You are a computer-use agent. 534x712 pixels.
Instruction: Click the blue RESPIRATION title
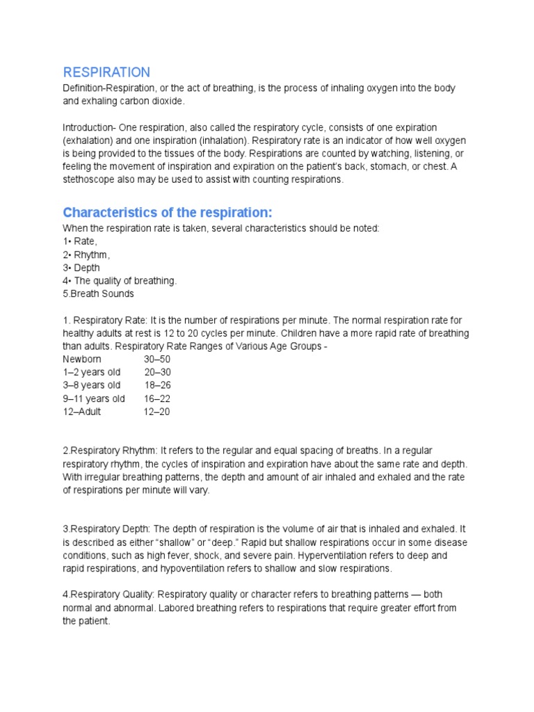[106, 72]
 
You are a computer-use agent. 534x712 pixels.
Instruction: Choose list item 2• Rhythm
[86, 254]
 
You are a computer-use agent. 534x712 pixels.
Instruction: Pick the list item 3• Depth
[81, 268]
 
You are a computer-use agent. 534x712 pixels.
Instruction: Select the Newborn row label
[82, 359]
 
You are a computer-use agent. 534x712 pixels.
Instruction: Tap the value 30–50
[157, 359]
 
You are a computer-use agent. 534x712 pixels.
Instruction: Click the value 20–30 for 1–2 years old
[157, 372]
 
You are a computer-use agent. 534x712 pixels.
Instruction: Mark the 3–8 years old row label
[91, 385]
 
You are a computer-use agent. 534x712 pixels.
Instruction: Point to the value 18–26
[157, 385]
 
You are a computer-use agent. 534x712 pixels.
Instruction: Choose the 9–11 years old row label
[94, 398]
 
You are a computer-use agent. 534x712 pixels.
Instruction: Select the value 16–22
[157, 398]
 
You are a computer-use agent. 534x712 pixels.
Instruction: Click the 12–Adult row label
[82, 412]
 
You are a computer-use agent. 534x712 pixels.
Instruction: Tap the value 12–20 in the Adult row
[156, 412]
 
